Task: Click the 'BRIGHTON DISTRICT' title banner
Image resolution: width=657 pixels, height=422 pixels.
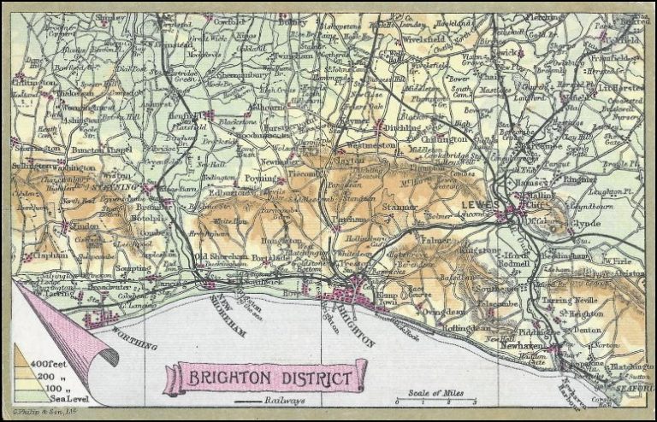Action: coord(264,377)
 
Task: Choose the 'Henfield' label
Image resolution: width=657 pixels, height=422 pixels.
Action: coord(188,114)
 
